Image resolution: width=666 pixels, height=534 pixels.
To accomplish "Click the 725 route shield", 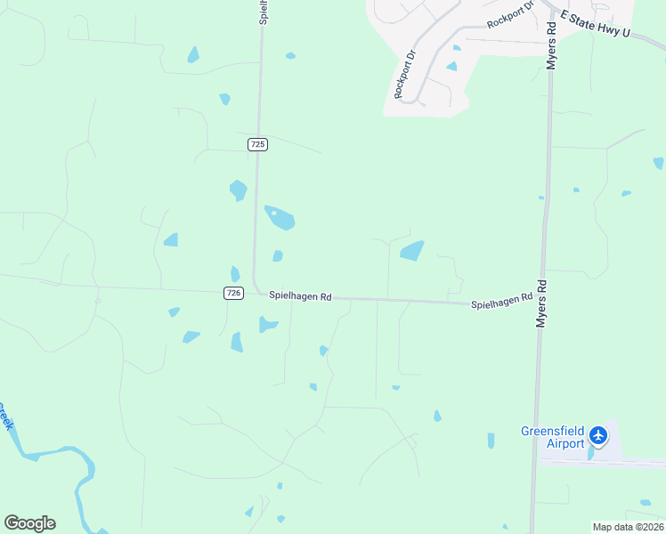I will (x=257, y=144).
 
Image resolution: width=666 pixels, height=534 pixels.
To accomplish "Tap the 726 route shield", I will (x=233, y=293).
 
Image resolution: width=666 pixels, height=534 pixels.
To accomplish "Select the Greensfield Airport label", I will (x=552, y=438).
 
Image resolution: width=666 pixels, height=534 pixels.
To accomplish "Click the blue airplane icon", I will (x=597, y=436).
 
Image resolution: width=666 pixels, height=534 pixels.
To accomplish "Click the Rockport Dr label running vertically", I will (x=405, y=73).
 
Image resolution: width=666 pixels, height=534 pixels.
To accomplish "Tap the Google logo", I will (x=29, y=523).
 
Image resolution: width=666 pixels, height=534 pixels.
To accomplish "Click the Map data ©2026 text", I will (x=628, y=527).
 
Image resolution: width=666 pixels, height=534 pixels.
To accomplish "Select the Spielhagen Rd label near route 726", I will (x=300, y=296).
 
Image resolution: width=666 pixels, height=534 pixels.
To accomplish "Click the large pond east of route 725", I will (x=280, y=217).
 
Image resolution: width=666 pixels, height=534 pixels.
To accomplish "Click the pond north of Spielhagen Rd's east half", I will (x=411, y=251).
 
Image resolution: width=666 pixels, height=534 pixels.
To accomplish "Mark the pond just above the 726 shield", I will (x=235, y=274).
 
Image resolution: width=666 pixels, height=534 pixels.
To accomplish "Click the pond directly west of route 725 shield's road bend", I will (x=238, y=190).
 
